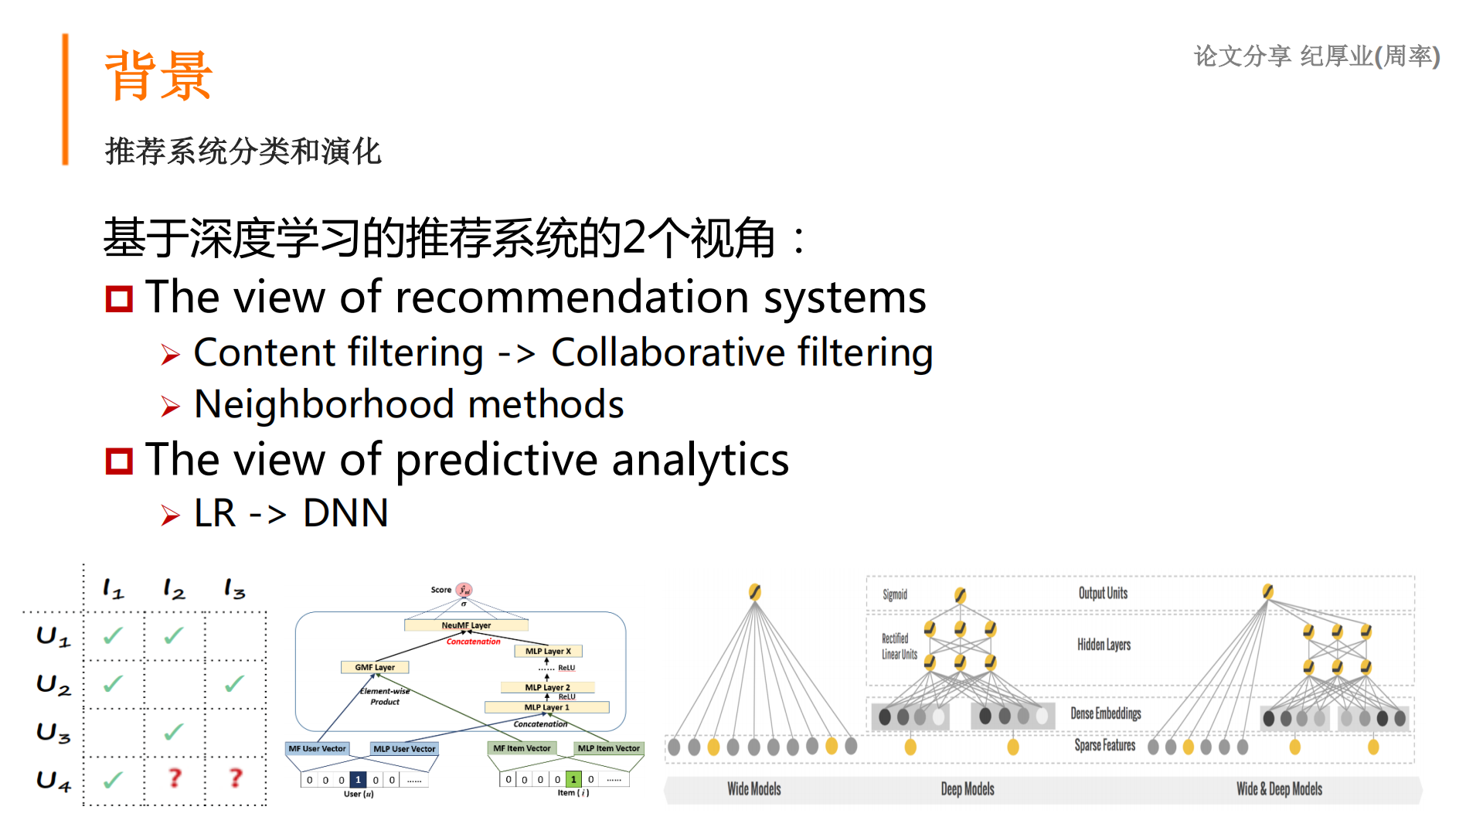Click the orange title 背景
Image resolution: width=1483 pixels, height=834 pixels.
pos(158,76)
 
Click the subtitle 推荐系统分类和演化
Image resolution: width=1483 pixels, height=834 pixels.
pos(243,151)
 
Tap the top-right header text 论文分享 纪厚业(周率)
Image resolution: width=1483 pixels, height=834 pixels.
pos(1316,56)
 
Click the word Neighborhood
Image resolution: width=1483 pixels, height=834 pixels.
pos(324,404)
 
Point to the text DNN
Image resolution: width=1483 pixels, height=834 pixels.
pos(345,513)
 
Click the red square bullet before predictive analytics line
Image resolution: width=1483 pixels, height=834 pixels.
pos(119,461)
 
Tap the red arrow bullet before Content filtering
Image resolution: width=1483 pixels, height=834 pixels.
pos(171,355)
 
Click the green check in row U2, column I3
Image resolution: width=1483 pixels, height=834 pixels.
pos(234,683)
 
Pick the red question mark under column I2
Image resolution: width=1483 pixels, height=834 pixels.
pos(175,778)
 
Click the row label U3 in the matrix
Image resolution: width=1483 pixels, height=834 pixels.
pos(53,732)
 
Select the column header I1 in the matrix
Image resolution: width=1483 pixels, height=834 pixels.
pos(113,590)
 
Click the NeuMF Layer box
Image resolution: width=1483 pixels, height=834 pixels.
pos(466,625)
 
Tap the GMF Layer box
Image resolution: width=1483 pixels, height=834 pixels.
pos(375,667)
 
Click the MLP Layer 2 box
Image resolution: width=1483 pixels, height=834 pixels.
pos(547,687)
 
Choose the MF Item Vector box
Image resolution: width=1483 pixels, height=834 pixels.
pos(522,748)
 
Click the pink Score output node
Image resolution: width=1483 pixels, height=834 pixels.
pos(464,590)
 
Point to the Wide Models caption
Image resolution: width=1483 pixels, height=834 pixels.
pos(753,789)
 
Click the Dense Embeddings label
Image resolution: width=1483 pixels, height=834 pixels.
pos(1105,713)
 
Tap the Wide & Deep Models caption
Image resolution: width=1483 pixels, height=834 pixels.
pos(1279,789)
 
